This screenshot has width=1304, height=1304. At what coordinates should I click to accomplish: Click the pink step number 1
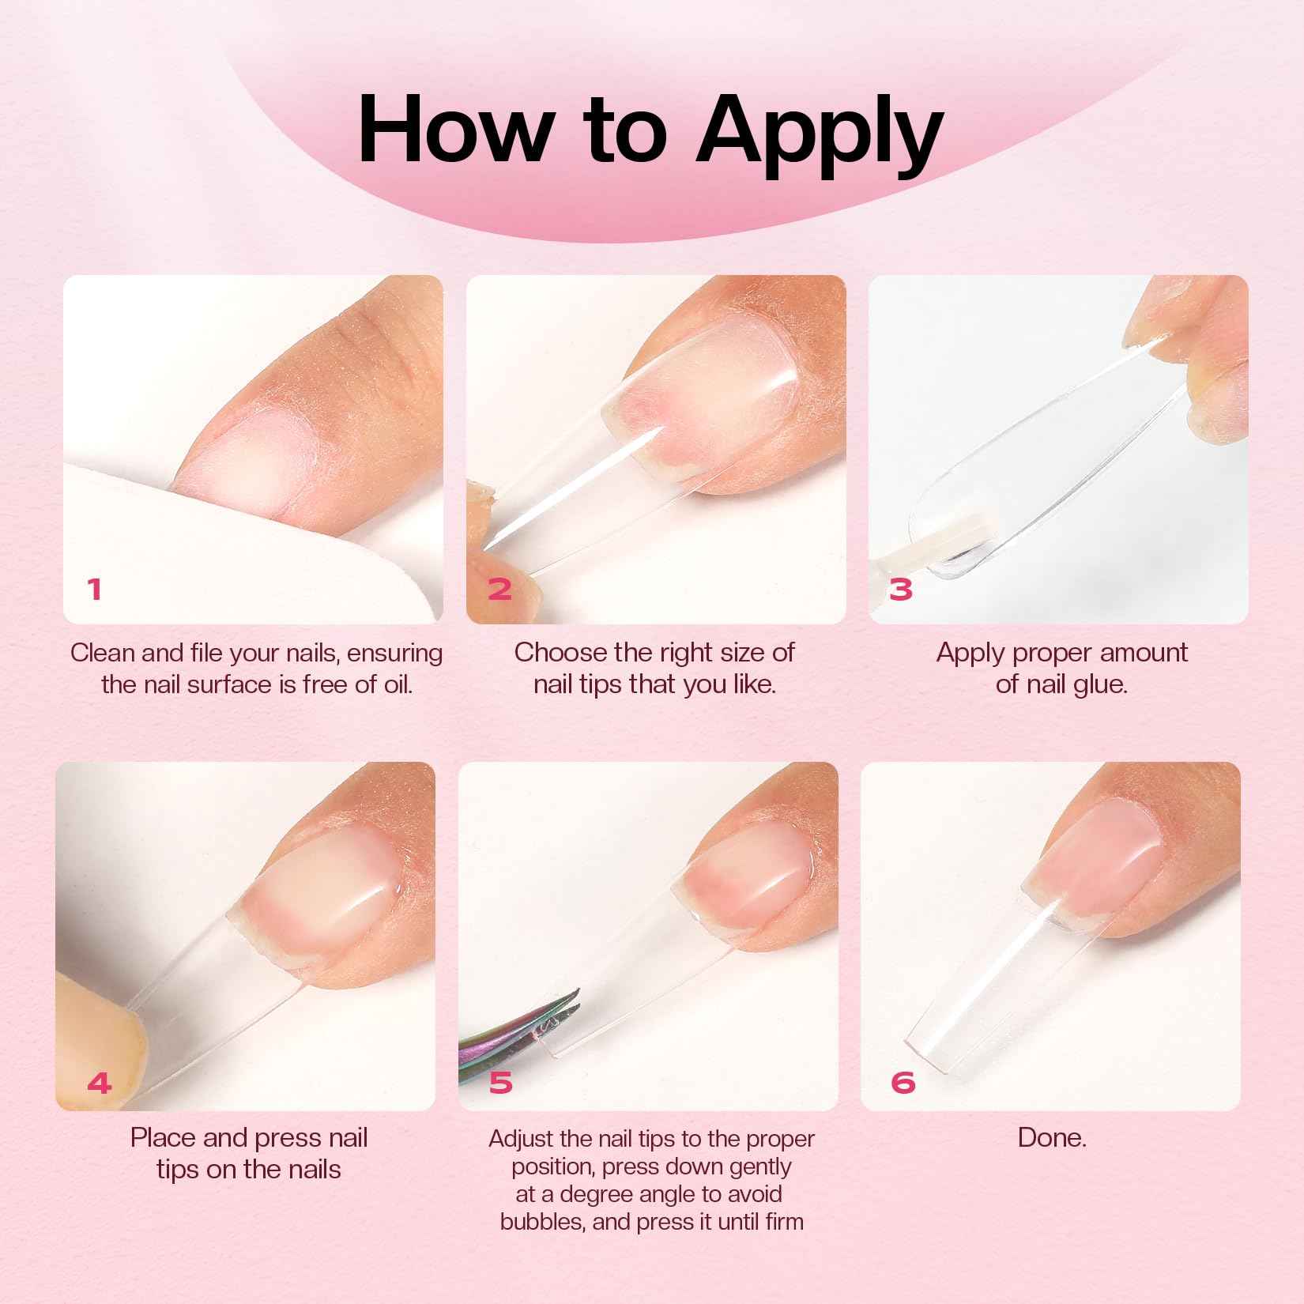(95, 589)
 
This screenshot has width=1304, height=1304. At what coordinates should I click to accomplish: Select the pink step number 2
(499, 589)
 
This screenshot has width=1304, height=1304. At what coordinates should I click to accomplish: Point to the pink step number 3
(901, 589)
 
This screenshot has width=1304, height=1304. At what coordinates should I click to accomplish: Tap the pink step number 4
(100, 1083)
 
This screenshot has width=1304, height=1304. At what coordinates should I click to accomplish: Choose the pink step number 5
(500, 1083)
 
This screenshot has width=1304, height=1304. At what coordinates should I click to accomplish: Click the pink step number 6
(903, 1083)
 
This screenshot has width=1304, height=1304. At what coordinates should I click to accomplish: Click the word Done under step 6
(1051, 1138)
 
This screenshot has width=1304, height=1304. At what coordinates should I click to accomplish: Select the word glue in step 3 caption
(1099, 684)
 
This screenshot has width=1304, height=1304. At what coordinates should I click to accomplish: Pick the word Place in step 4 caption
(164, 1138)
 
